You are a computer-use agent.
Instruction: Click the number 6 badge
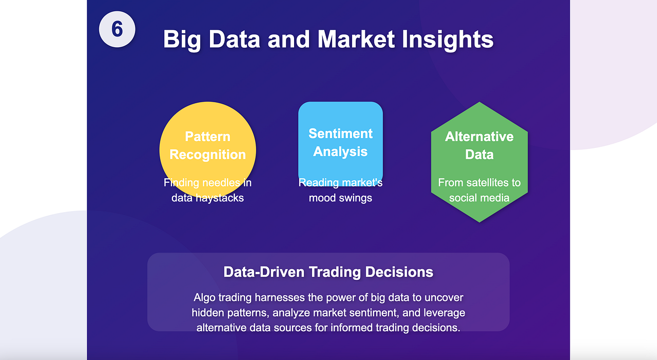click(x=117, y=29)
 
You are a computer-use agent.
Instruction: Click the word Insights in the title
click(x=448, y=39)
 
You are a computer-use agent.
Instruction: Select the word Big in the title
click(x=182, y=40)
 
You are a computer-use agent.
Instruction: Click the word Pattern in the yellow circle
click(x=208, y=137)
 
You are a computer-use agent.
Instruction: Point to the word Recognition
click(x=208, y=155)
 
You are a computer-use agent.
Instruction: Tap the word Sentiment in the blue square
click(x=340, y=134)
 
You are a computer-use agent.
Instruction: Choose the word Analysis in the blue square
click(x=340, y=151)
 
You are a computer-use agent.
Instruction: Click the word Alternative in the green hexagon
click(x=479, y=137)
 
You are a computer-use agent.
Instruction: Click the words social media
click(x=479, y=198)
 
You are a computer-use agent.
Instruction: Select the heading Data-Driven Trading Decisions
click(x=328, y=272)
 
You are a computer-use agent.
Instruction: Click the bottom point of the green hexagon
click(x=479, y=222)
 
